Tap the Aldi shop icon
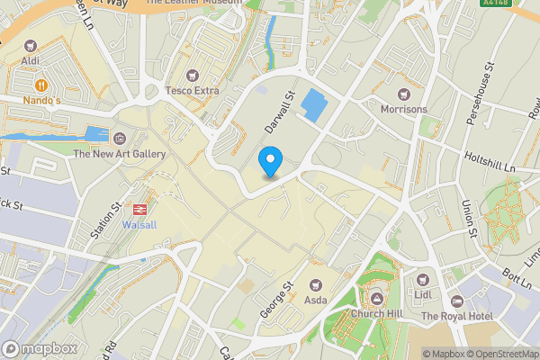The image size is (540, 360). click(x=31, y=45)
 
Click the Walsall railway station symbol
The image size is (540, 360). click(x=139, y=209)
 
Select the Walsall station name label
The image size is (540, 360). click(x=139, y=224)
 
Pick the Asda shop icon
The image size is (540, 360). click(x=315, y=283)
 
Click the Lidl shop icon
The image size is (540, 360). click(x=423, y=278)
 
